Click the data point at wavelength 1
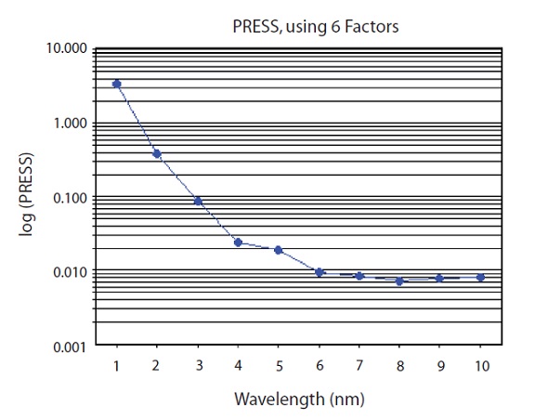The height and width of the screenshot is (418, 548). pos(117,84)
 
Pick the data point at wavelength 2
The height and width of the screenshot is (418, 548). pos(157,153)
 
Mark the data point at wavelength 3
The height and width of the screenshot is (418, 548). pos(198,201)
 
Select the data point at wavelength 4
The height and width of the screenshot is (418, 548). pos(238,242)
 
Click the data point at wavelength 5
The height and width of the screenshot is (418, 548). pos(279,250)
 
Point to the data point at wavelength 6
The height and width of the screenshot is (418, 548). pos(320,272)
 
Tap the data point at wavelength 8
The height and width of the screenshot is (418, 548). pos(399,281)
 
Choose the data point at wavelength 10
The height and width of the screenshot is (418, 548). pos(480,277)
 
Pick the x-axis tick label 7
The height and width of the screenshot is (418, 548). pos(359,364)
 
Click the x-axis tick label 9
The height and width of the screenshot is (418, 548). pos(440,364)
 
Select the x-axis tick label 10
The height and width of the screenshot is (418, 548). pos(480,364)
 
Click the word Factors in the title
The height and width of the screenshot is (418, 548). pos(371,26)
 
